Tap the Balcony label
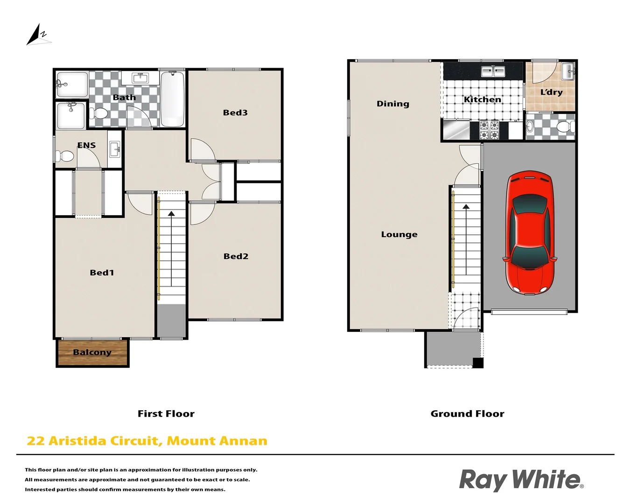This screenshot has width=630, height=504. [92, 352]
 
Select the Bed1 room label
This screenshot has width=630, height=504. [102, 273]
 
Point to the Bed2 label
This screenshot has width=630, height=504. [236, 256]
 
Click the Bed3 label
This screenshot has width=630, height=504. [235, 112]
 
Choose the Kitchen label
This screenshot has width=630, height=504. [483, 99]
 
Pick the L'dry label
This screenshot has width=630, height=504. [551, 92]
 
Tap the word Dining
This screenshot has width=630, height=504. [393, 104]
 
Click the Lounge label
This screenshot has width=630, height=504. [399, 234]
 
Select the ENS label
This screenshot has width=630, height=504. [86, 145]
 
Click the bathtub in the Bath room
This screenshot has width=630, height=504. [173, 99]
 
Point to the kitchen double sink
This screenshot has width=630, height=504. [493, 71]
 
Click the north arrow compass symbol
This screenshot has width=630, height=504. [37, 35]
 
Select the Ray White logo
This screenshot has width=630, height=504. [521, 480]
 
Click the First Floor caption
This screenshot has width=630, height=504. [166, 413]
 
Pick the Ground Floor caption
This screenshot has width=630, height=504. [467, 413]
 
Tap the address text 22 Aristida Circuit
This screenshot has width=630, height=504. [147, 441]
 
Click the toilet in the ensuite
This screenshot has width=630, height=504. [65, 155]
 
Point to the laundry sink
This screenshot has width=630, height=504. [568, 71]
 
